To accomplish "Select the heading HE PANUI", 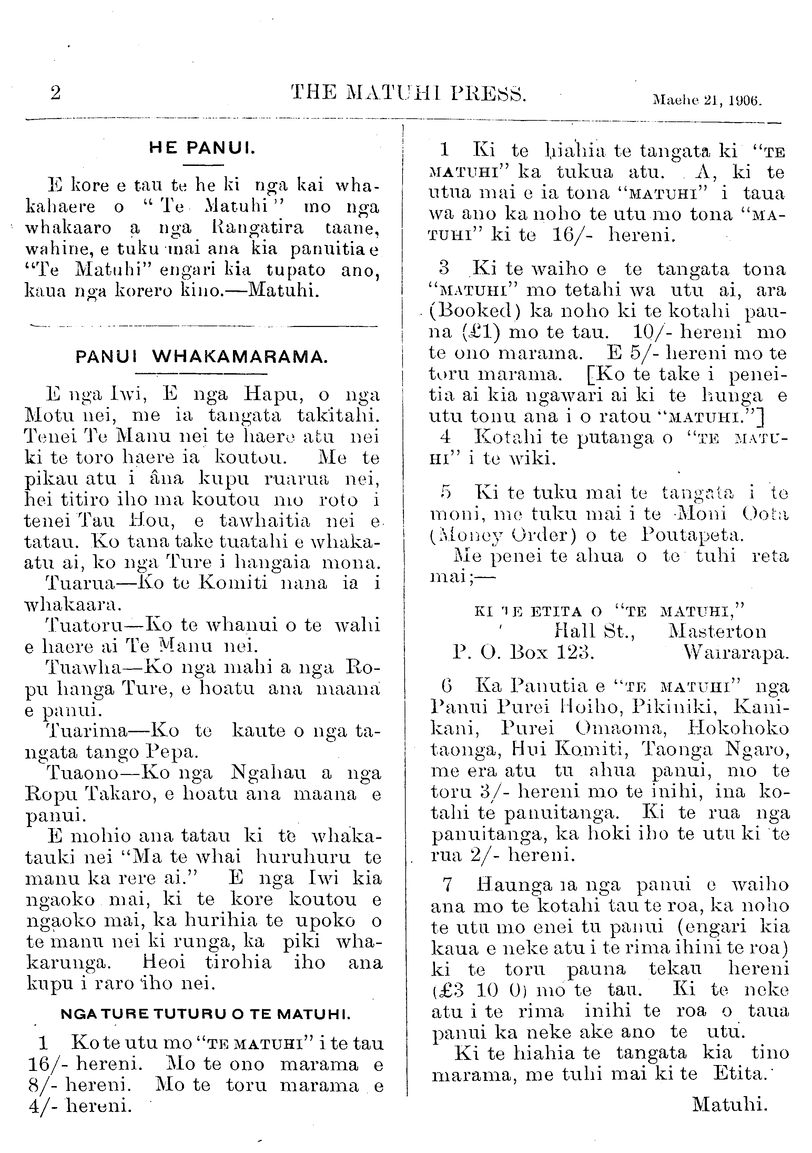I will (202, 148).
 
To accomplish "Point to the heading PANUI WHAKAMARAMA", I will (202, 357).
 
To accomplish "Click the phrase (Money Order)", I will (503, 535).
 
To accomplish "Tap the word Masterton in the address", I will (718, 631).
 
